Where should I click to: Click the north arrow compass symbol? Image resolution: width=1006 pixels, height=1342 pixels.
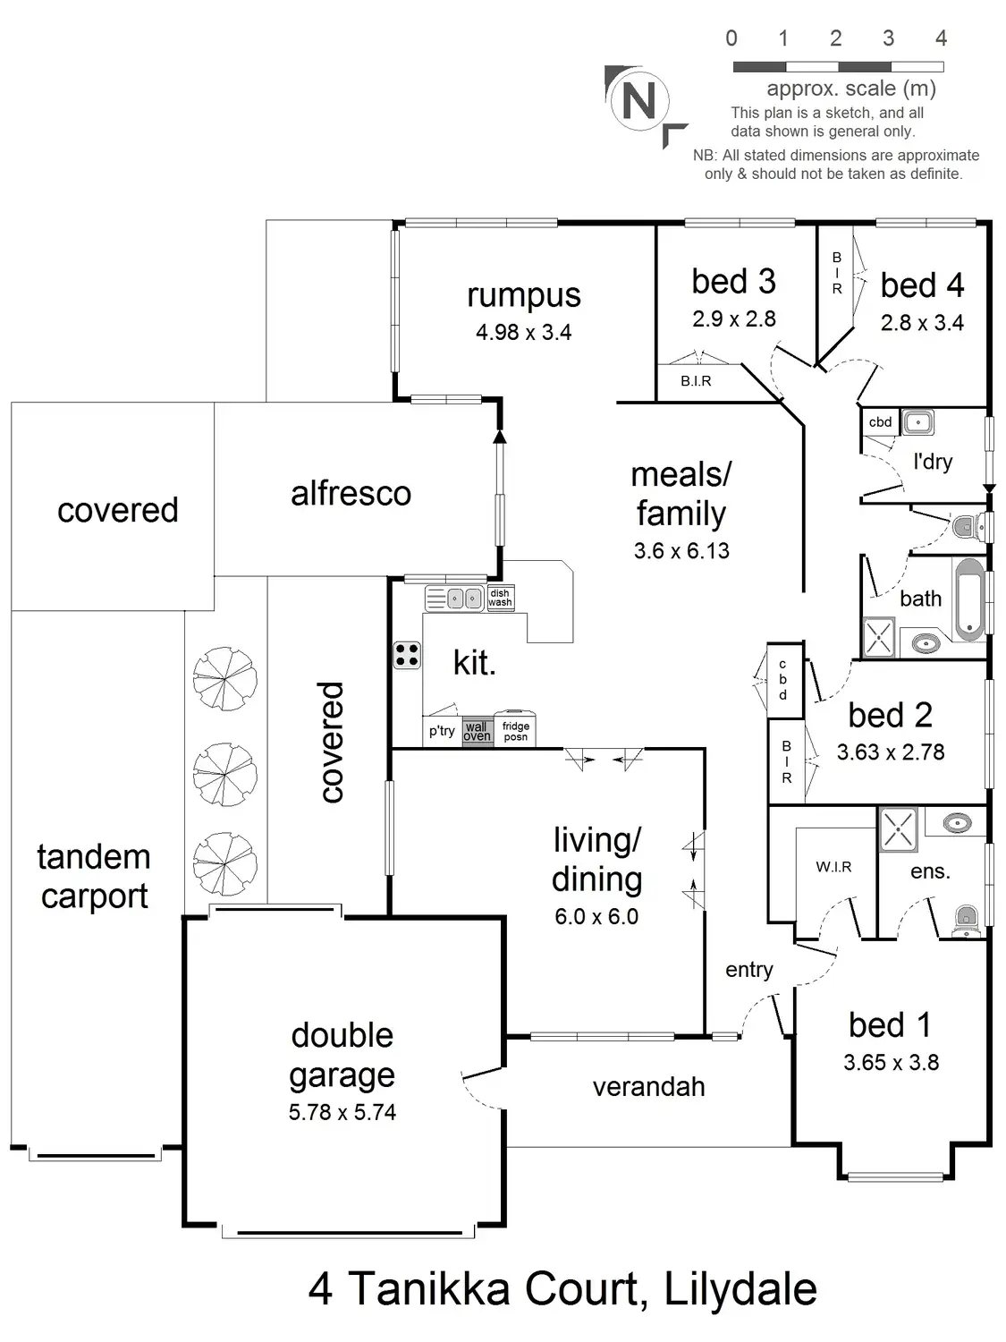tap(638, 100)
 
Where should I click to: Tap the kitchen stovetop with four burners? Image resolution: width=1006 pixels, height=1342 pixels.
tap(407, 655)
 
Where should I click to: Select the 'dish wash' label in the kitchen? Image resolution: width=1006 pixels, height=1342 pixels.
tap(500, 598)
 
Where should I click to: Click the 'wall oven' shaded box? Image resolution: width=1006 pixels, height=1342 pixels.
tap(478, 732)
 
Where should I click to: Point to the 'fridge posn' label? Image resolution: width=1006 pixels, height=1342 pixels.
tap(516, 732)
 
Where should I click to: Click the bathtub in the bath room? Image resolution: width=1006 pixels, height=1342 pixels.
tap(968, 599)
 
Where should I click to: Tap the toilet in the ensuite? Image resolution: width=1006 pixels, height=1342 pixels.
tap(967, 919)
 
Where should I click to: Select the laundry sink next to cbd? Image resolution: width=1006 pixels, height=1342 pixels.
tap(917, 421)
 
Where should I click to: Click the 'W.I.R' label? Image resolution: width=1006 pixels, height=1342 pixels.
tap(833, 867)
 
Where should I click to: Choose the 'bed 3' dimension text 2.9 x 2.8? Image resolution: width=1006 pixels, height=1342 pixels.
tap(734, 319)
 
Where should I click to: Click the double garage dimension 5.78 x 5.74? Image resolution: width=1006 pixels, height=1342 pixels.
tap(342, 1112)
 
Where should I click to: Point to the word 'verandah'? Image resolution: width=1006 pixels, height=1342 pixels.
tap(649, 1087)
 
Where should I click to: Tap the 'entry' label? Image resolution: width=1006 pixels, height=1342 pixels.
tap(749, 970)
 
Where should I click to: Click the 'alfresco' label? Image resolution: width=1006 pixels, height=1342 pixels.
tap(351, 493)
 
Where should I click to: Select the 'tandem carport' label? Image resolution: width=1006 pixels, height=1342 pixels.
tap(94, 877)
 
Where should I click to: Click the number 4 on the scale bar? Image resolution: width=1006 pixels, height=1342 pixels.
tap(941, 38)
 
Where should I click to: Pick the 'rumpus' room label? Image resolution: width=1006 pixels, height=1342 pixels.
tap(524, 295)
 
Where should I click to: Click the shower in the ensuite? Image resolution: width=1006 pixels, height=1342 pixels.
tap(898, 828)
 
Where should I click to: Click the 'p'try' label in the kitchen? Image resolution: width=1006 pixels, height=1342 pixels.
tap(442, 731)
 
